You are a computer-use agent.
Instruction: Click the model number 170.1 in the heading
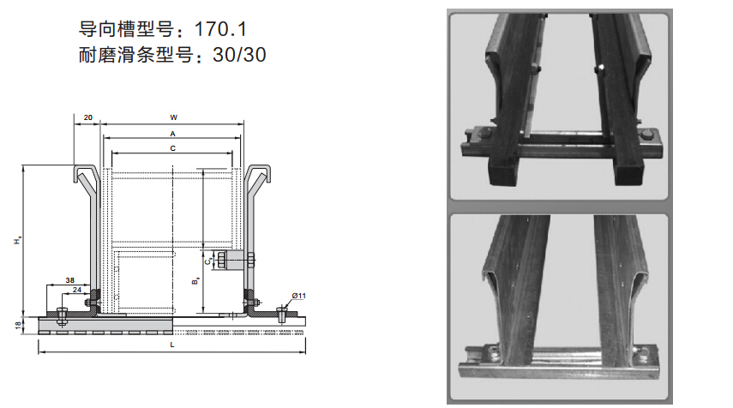pos(219,29)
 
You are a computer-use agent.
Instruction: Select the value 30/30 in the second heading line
pos(239,55)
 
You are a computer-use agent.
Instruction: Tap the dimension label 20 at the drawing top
pos(88,117)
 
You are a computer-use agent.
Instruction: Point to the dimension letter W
pos(173,117)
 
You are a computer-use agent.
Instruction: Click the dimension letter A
pos(172,134)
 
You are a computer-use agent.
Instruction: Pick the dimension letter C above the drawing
pos(172,148)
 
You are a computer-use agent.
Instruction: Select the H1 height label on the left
pos(18,241)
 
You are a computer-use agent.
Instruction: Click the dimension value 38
pos(70,280)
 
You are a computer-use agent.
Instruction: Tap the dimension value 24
pos(77,290)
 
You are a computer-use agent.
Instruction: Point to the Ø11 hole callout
pos(298,296)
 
